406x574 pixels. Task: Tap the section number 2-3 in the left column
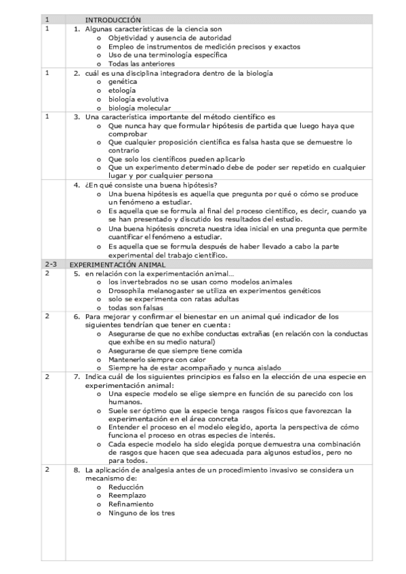point(50,265)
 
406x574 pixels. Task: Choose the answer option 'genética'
point(122,82)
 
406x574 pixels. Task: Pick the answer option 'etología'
point(121,91)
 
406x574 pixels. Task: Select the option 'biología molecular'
point(139,108)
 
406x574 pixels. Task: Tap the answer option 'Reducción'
point(125,487)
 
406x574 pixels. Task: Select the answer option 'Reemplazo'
point(127,495)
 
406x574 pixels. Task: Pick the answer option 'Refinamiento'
point(131,504)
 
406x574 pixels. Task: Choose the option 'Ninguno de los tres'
point(141,513)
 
